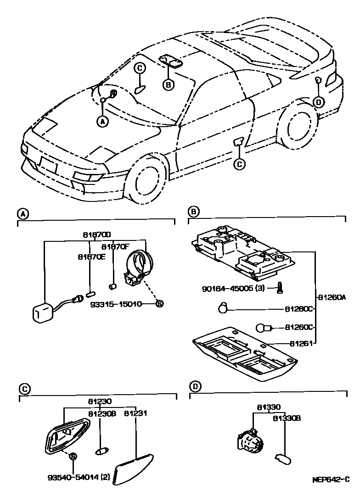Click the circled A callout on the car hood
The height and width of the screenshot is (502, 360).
(102, 121)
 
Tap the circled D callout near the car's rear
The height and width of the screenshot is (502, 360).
(319, 101)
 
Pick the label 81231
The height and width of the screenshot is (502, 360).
(136, 413)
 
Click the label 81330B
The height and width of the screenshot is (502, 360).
(287, 418)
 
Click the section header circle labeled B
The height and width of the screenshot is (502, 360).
(194, 212)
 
